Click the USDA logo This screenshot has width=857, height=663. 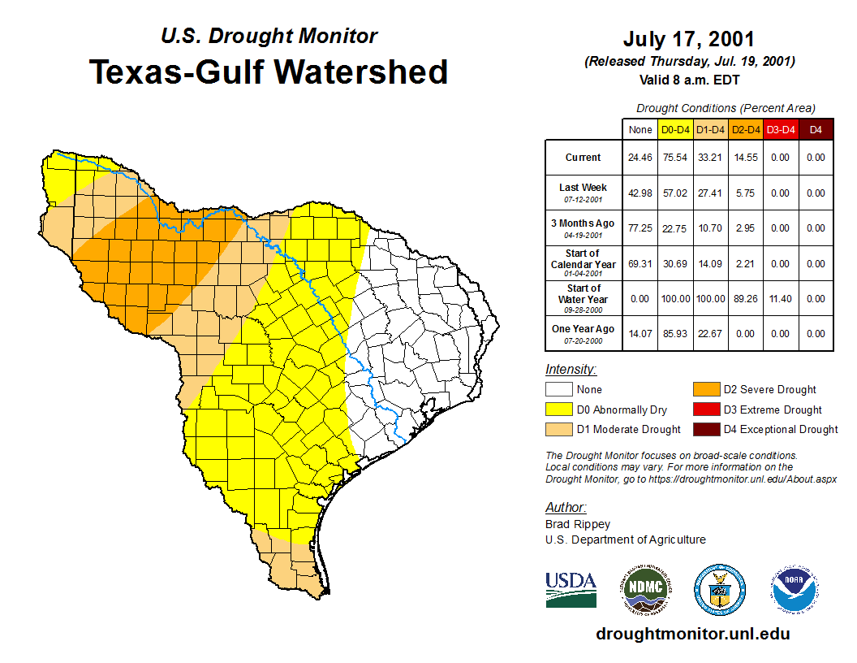[x=571, y=589]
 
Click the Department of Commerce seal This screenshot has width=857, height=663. [x=719, y=589]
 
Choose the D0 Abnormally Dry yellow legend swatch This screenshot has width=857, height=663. [x=559, y=409]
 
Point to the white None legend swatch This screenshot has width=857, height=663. [x=559, y=390]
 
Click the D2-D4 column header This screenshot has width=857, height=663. [x=745, y=130]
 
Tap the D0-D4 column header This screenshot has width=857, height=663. [x=675, y=130]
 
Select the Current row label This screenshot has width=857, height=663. [x=584, y=158]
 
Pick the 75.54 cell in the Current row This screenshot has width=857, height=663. [x=675, y=158]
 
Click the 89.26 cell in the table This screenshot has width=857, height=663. [x=745, y=298]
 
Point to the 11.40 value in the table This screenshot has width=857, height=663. [x=780, y=298]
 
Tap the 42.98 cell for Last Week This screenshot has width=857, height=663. [x=640, y=193]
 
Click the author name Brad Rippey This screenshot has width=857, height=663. [x=578, y=524]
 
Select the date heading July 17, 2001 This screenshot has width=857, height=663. [x=689, y=39]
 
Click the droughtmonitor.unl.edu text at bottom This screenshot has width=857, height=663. [x=692, y=634]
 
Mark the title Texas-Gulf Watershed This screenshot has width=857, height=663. [x=269, y=71]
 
